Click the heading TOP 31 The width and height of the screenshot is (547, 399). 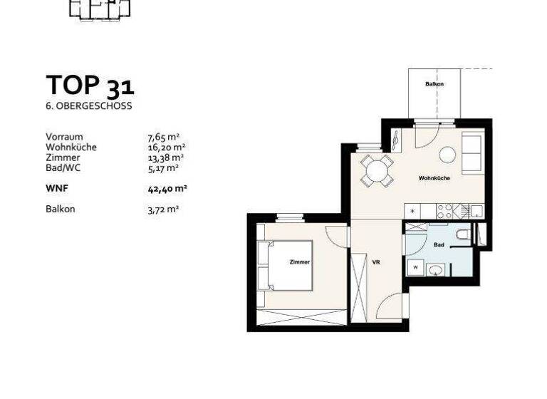click(x=90, y=85)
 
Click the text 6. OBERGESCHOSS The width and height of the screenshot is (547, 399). click(x=88, y=106)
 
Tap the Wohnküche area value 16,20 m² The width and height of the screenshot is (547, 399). click(x=166, y=147)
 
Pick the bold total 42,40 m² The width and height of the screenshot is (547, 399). click(x=166, y=189)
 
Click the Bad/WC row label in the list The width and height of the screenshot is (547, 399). click(x=63, y=168)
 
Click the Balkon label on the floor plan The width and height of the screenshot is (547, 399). click(x=434, y=84)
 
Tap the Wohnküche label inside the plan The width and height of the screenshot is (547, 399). click(x=434, y=178)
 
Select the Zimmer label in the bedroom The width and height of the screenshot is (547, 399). click(x=300, y=263)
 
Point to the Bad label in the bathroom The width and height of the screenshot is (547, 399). click(x=439, y=244)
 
